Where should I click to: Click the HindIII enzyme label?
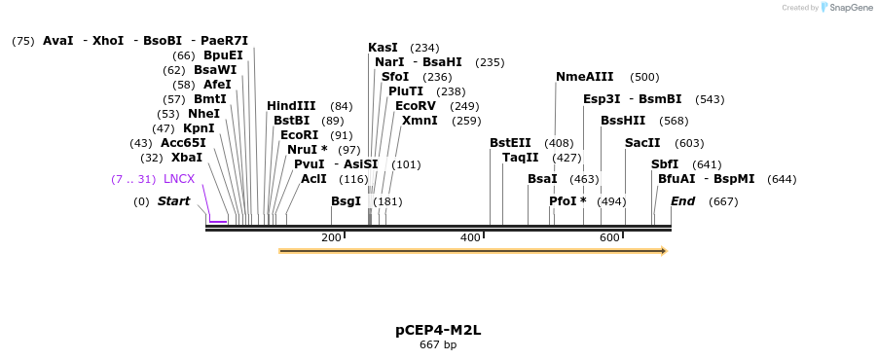point(291,106)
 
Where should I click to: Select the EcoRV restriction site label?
point(416,106)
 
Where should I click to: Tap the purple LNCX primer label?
point(179,179)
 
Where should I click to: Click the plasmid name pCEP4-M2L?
point(438,330)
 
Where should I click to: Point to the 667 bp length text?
point(438,344)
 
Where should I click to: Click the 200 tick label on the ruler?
point(331,238)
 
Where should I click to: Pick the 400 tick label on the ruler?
point(470,238)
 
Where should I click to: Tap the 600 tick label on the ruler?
point(609,238)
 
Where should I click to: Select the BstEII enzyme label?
point(510,143)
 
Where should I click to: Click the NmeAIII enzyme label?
point(585,77)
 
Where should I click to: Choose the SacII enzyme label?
point(642,143)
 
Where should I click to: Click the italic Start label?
point(174,201)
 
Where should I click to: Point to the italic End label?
point(683,201)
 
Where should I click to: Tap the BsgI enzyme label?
point(346,201)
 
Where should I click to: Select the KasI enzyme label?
point(383,48)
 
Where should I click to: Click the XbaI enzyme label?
point(187,158)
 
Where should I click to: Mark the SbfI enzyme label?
point(665,164)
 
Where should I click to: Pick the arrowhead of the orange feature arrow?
point(664,251)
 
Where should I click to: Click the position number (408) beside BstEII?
point(559,143)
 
